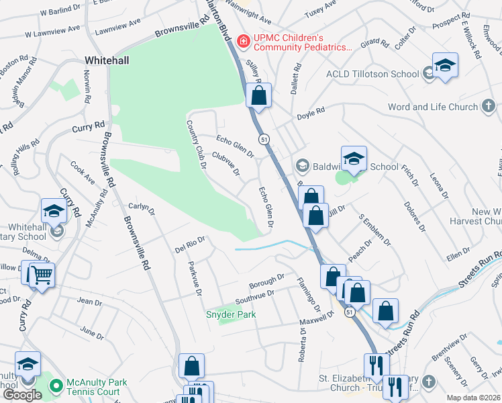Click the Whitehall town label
[107, 60]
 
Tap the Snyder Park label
[231, 314]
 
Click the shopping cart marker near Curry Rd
[42, 274]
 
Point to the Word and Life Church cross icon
[488, 106]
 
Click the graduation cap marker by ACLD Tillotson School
[444, 65]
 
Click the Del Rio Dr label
[189, 243]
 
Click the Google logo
[22, 395]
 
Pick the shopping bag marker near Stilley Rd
[258, 95]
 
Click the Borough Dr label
[267, 280]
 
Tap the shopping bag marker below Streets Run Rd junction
[385, 310]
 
